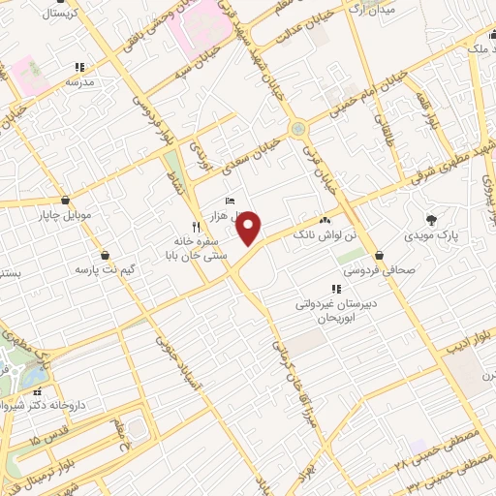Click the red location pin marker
click(250, 229)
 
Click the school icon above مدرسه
click(79, 67)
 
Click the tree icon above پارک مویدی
click(430, 220)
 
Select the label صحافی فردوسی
click(382, 271)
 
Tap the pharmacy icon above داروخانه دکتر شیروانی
click(39, 392)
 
